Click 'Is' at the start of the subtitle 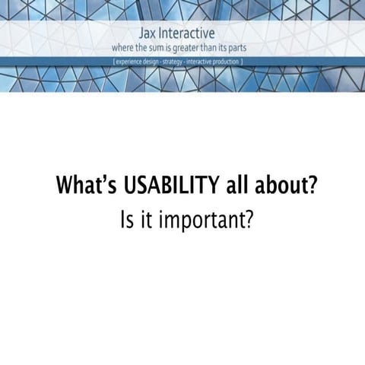pos(126,221)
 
